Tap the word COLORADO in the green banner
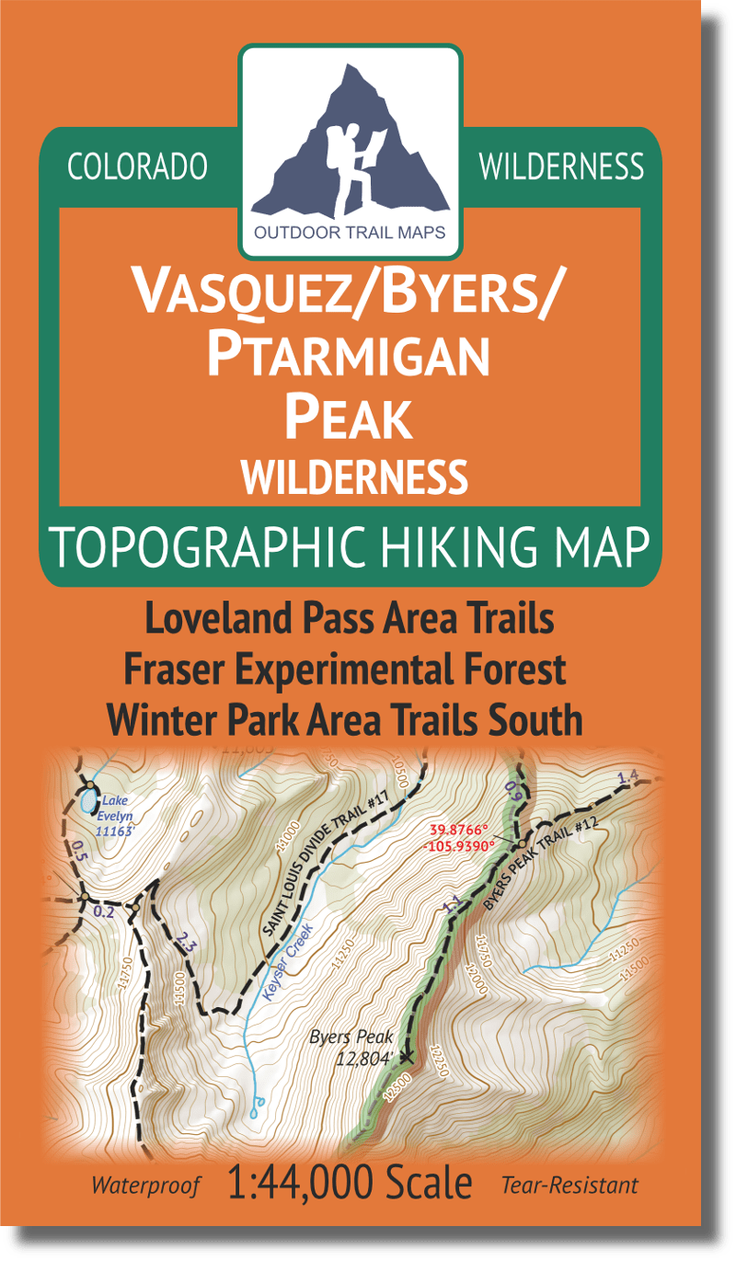click(x=138, y=166)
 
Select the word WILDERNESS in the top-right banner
click(x=561, y=166)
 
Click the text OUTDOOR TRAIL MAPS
click(x=350, y=233)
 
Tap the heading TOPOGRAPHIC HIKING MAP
click(x=350, y=547)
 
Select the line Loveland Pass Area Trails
click(x=350, y=620)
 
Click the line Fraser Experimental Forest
click(x=350, y=671)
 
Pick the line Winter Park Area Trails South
click(x=345, y=721)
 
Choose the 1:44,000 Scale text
click(x=349, y=1184)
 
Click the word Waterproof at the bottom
click(x=145, y=1186)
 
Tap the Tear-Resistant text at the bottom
click(x=569, y=1186)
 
